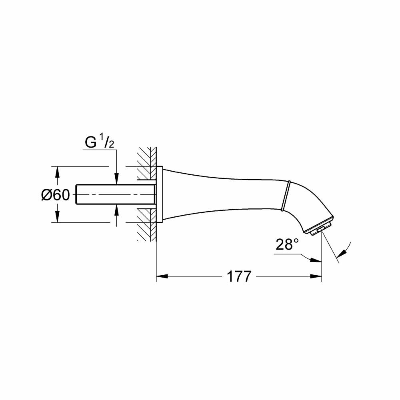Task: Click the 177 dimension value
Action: click(x=239, y=276)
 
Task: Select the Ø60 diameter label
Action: click(x=56, y=195)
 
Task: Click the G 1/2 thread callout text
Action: click(x=100, y=142)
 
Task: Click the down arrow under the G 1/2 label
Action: click(x=116, y=180)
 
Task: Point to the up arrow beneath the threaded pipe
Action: click(x=116, y=210)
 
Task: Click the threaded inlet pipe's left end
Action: click(x=78, y=194)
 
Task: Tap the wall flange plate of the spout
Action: click(x=159, y=194)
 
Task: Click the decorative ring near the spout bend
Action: click(x=285, y=196)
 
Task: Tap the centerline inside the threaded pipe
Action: click(x=116, y=194)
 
